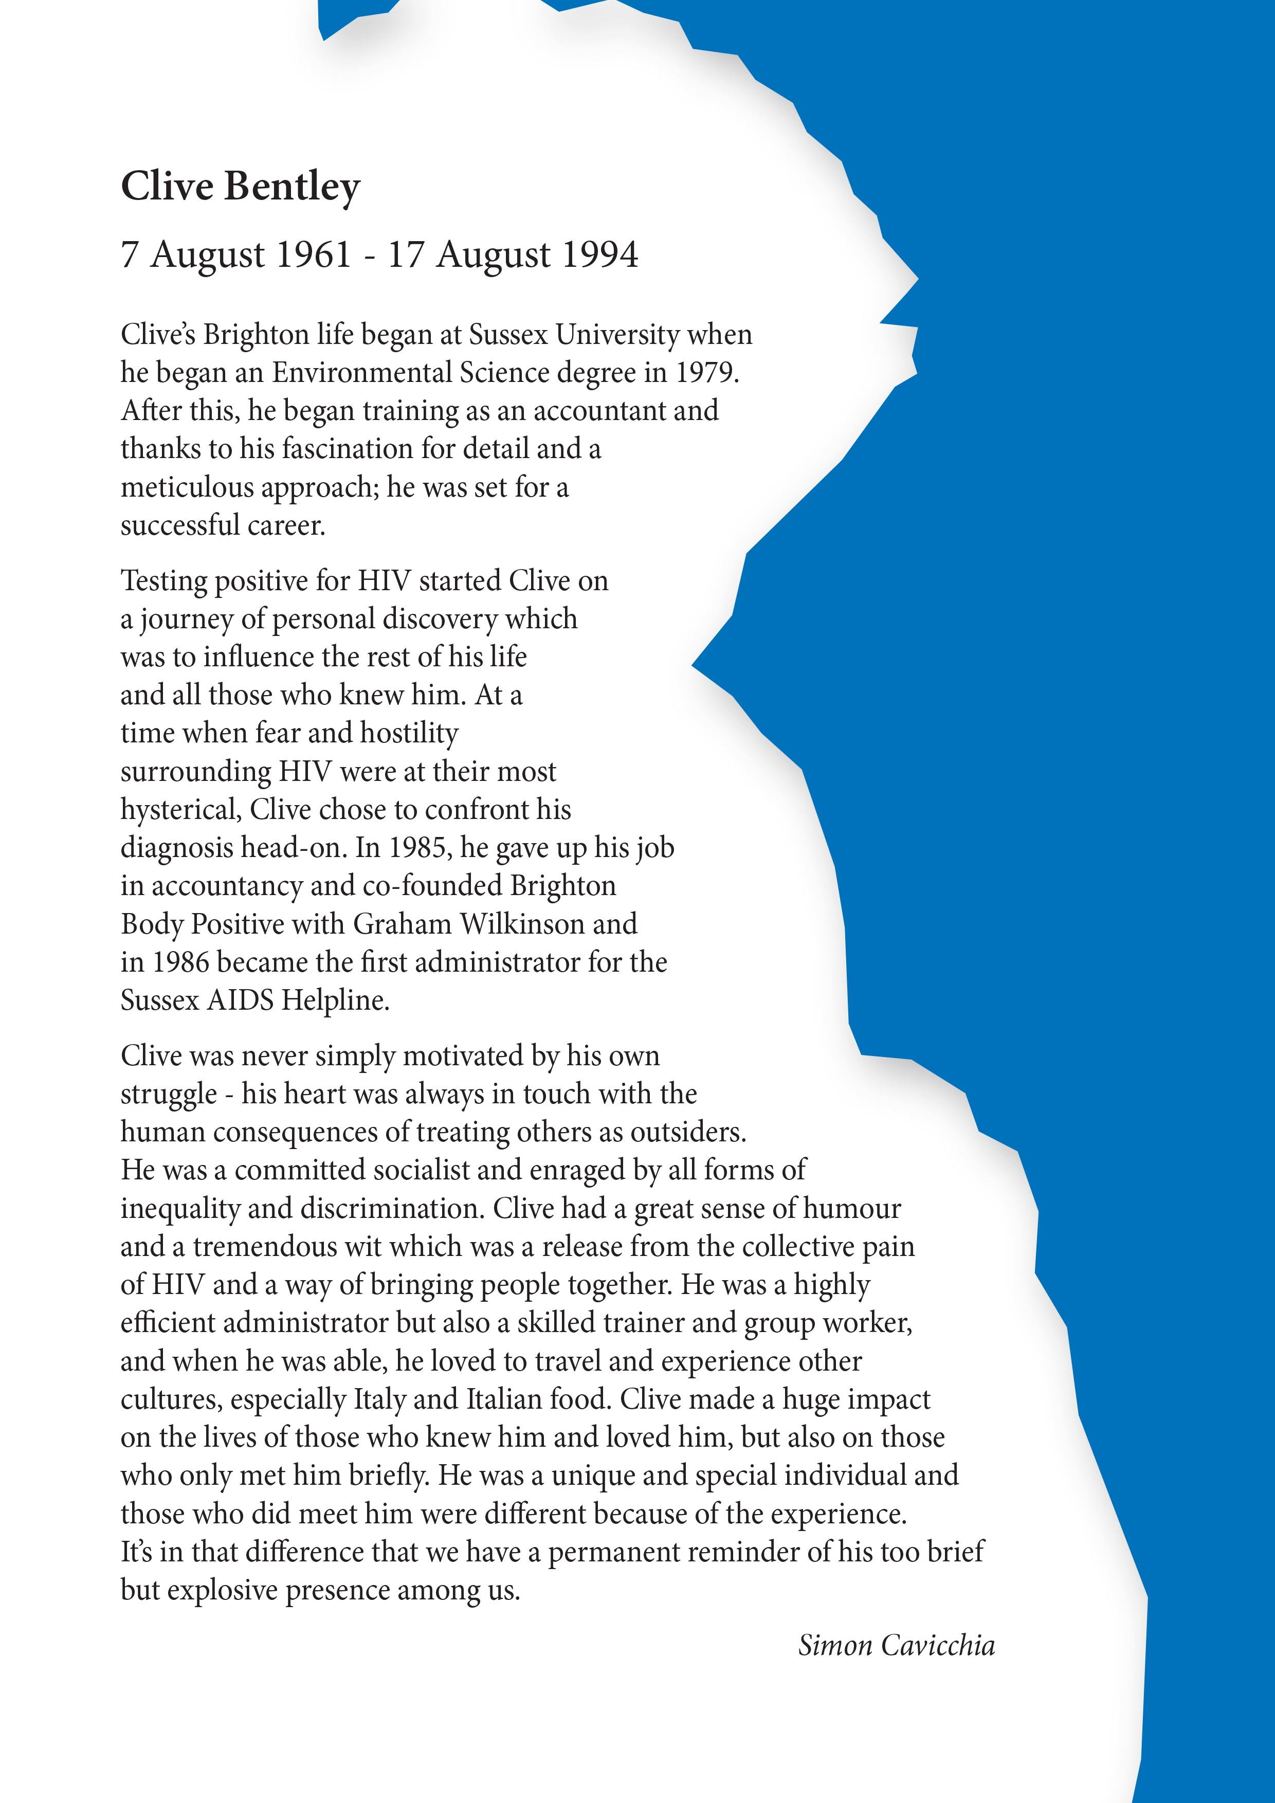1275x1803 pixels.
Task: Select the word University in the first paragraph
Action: tap(617, 335)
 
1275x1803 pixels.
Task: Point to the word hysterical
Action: tap(180, 810)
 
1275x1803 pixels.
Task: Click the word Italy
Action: tap(381, 1400)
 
